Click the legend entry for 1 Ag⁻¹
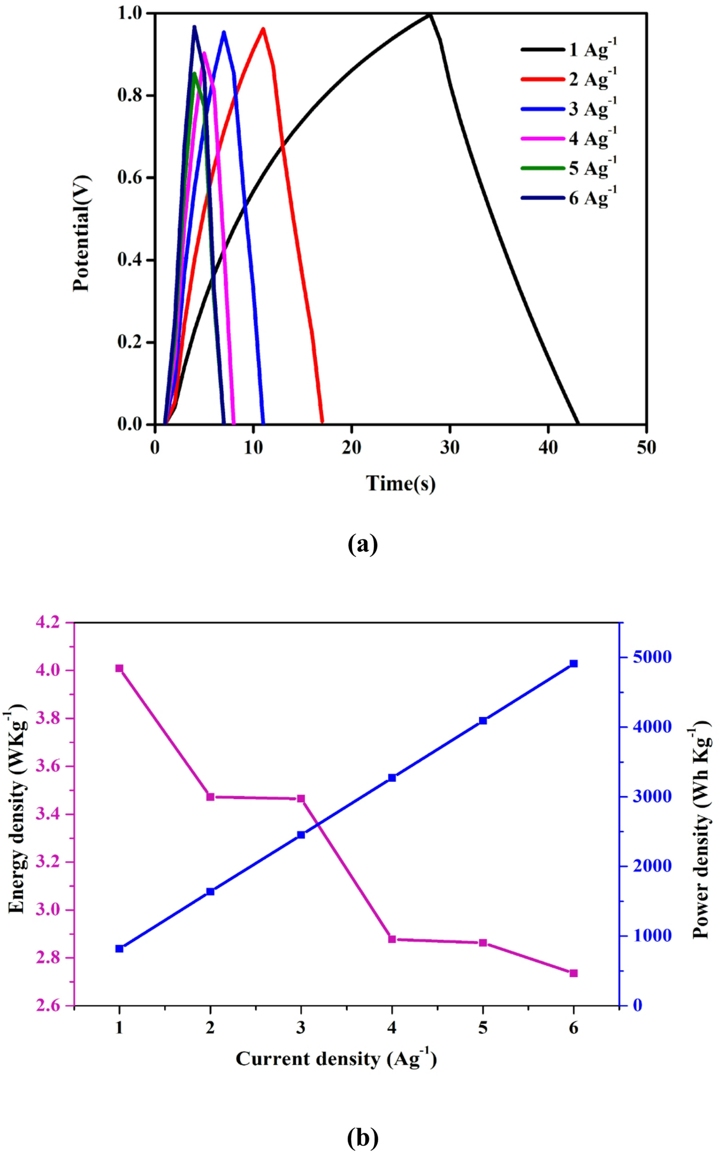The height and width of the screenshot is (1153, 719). pyautogui.click(x=569, y=50)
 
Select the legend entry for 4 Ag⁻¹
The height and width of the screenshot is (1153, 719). pyautogui.click(x=569, y=139)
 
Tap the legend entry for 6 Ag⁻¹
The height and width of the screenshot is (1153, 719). pyautogui.click(x=569, y=198)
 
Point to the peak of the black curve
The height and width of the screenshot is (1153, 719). pyautogui.click(x=430, y=14)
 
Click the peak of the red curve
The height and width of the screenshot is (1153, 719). pyautogui.click(x=263, y=29)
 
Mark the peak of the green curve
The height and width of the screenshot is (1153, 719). pyautogui.click(x=194, y=74)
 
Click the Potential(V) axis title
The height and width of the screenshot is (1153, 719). pyautogui.click(x=82, y=233)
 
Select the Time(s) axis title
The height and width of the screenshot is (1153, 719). pyautogui.click(x=400, y=483)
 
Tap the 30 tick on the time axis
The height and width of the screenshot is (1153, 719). pyautogui.click(x=450, y=447)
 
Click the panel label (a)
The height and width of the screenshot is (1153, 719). pyautogui.click(x=363, y=544)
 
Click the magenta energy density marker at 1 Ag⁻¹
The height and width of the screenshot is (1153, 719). pyautogui.click(x=119, y=668)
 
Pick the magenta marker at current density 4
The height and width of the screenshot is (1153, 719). pyautogui.click(x=391, y=939)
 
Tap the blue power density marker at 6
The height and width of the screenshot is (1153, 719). pyautogui.click(x=574, y=664)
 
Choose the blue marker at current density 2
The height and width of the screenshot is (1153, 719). pyautogui.click(x=210, y=891)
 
